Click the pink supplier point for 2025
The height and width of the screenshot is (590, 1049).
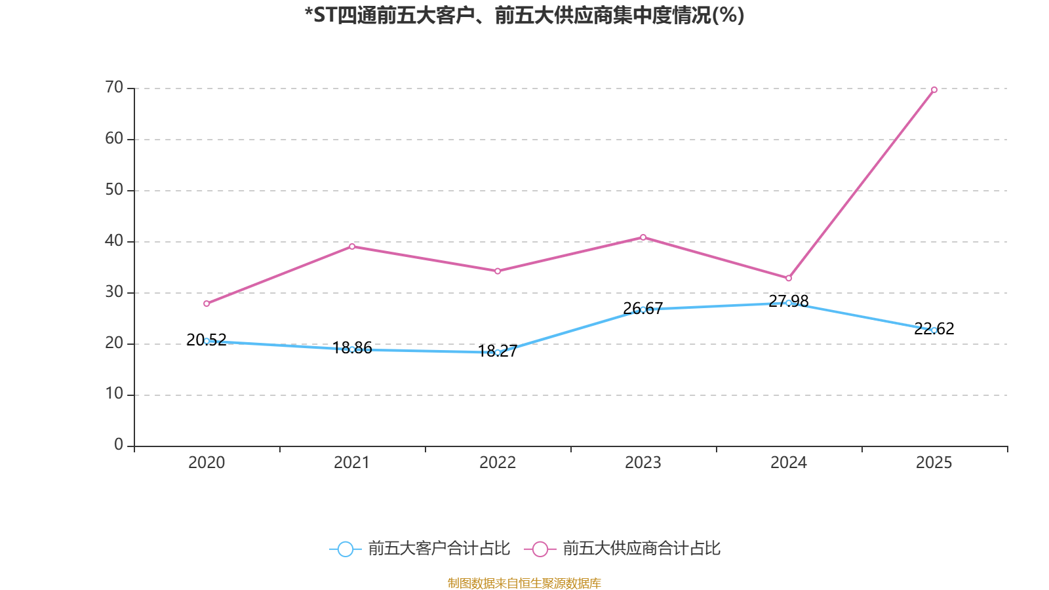click(934, 90)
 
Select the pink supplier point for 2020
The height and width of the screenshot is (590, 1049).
click(207, 304)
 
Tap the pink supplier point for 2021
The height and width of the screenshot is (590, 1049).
click(352, 246)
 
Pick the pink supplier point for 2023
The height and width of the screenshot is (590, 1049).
click(643, 237)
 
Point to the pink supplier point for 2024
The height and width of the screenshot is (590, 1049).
click(789, 279)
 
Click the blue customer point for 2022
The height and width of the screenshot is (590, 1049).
click(498, 353)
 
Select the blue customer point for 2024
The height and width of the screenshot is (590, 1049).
click(789, 303)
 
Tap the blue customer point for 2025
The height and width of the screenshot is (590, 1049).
click(934, 330)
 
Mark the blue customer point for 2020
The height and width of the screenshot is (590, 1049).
click(207, 341)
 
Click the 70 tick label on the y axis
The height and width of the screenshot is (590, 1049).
click(114, 87)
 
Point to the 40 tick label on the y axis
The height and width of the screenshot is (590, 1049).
click(114, 241)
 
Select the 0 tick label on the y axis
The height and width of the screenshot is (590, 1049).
click(118, 445)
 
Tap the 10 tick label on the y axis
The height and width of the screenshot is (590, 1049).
click(114, 394)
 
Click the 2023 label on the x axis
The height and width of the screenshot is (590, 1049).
click(643, 463)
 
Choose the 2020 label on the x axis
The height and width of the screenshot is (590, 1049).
click(207, 463)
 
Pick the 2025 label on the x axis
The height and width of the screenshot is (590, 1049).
click(934, 463)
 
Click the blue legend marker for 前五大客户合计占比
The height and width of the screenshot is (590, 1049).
click(346, 549)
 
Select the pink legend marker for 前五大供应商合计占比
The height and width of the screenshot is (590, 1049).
click(540, 549)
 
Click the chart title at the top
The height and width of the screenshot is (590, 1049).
click(524, 15)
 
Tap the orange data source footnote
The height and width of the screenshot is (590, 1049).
click(524, 583)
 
